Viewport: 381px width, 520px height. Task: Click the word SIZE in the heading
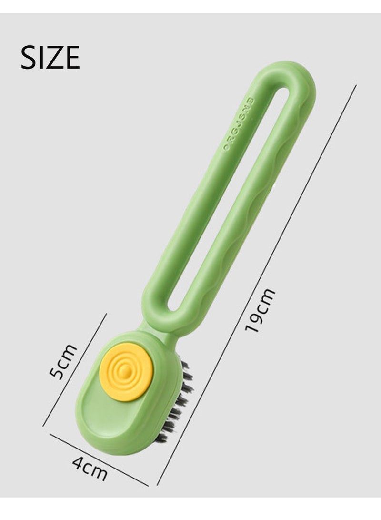coord(50,58)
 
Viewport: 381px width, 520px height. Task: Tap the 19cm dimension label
coord(260,310)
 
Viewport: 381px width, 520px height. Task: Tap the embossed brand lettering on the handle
coord(240,124)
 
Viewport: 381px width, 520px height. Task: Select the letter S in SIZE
coord(28,58)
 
